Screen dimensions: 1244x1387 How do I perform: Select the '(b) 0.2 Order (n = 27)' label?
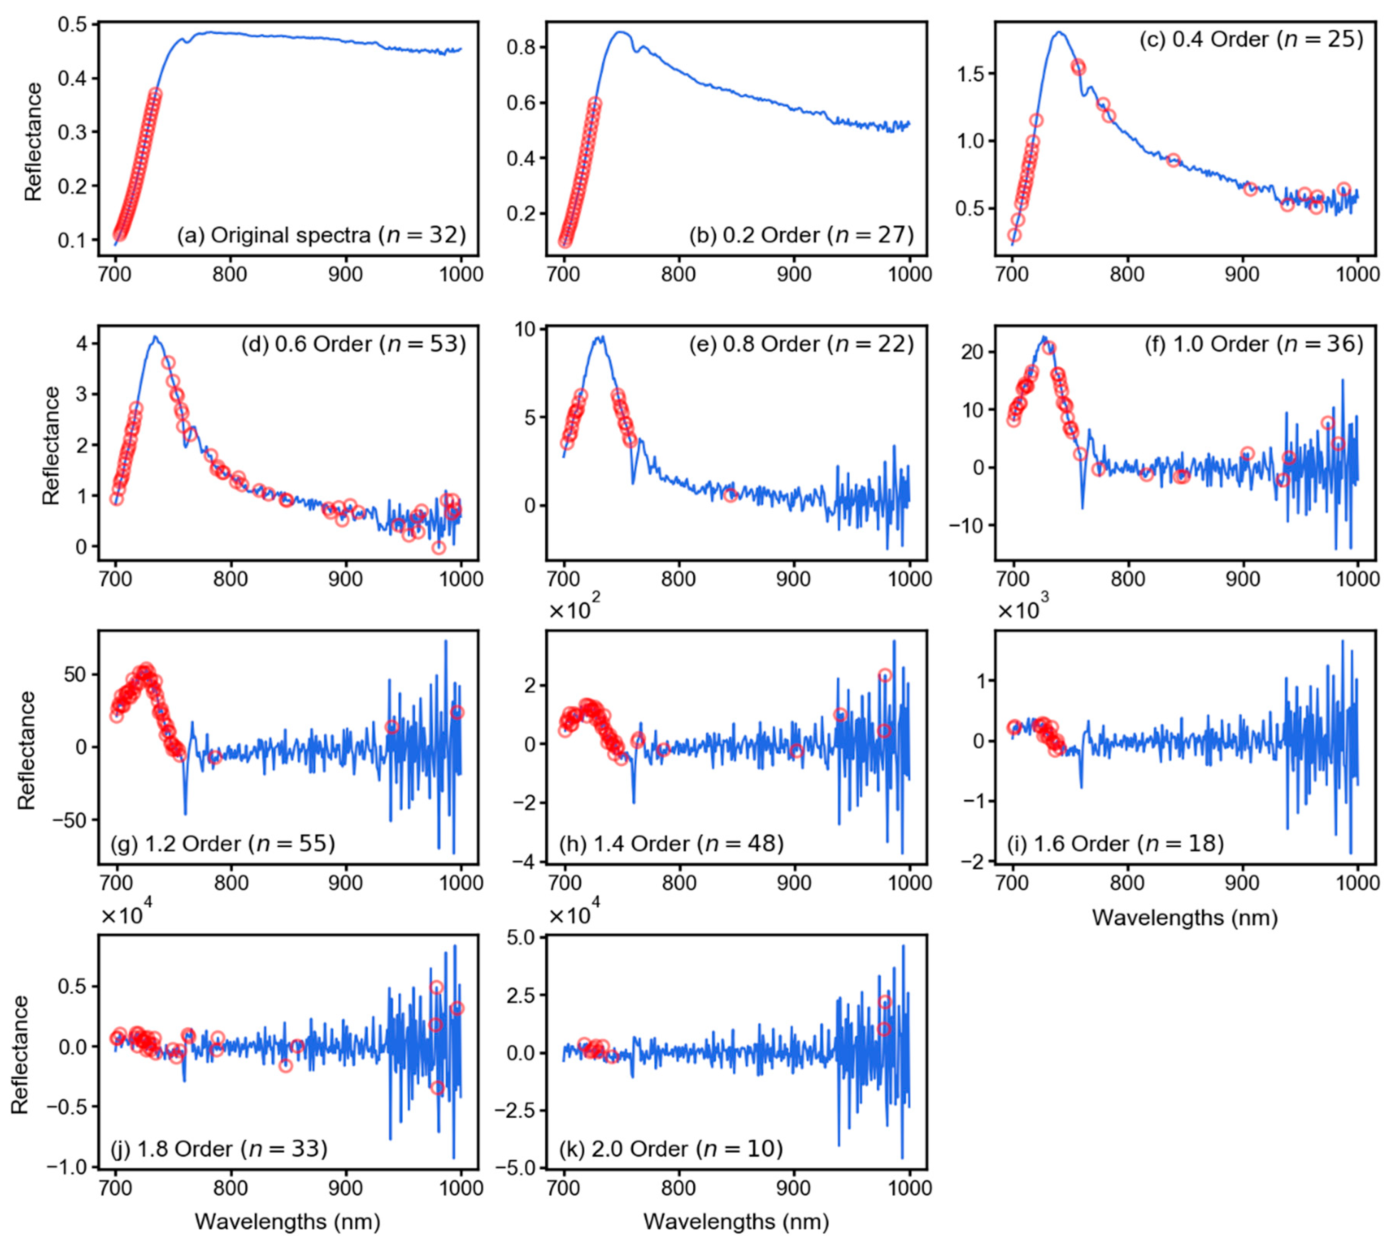point(801,235)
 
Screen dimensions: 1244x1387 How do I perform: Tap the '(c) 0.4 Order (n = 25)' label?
point(1251,40)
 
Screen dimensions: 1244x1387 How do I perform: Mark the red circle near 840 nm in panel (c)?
point(1174,161)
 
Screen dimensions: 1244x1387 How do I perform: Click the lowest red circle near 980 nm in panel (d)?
point(438,547)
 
